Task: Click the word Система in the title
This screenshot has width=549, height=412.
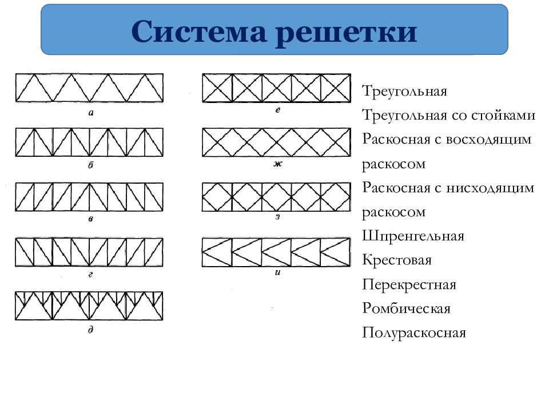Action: (x=198, y=31)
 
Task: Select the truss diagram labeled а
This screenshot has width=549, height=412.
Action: (x=89, y=88)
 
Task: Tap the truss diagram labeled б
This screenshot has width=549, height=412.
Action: (x=89, y=142)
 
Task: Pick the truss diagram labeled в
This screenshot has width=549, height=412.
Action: (x=89, y=197)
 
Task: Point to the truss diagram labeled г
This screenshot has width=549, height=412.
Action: (x=89, y=252)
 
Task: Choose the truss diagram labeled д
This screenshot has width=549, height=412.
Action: (x=89, y=306)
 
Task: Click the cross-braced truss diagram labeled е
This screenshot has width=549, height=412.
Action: (x=276, y=88)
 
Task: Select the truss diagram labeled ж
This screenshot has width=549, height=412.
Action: (x=276, y=142)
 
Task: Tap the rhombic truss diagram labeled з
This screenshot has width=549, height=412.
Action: (x=276, y=197)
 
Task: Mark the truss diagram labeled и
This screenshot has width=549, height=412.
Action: (x=276, y=252)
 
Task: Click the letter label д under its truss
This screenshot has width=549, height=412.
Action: (x=91, y=330)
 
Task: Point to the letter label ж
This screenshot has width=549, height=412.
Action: (x=278, y=163)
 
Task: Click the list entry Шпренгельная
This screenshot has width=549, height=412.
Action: (x=413, y=236)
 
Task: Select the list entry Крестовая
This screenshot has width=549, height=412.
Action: (x=397, y=260)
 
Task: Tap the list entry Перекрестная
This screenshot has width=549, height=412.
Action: (x=409, y=284)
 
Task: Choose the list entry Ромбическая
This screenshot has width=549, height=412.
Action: (x=406, y=308)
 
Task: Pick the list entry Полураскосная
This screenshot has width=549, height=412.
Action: (x=414, y=332)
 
